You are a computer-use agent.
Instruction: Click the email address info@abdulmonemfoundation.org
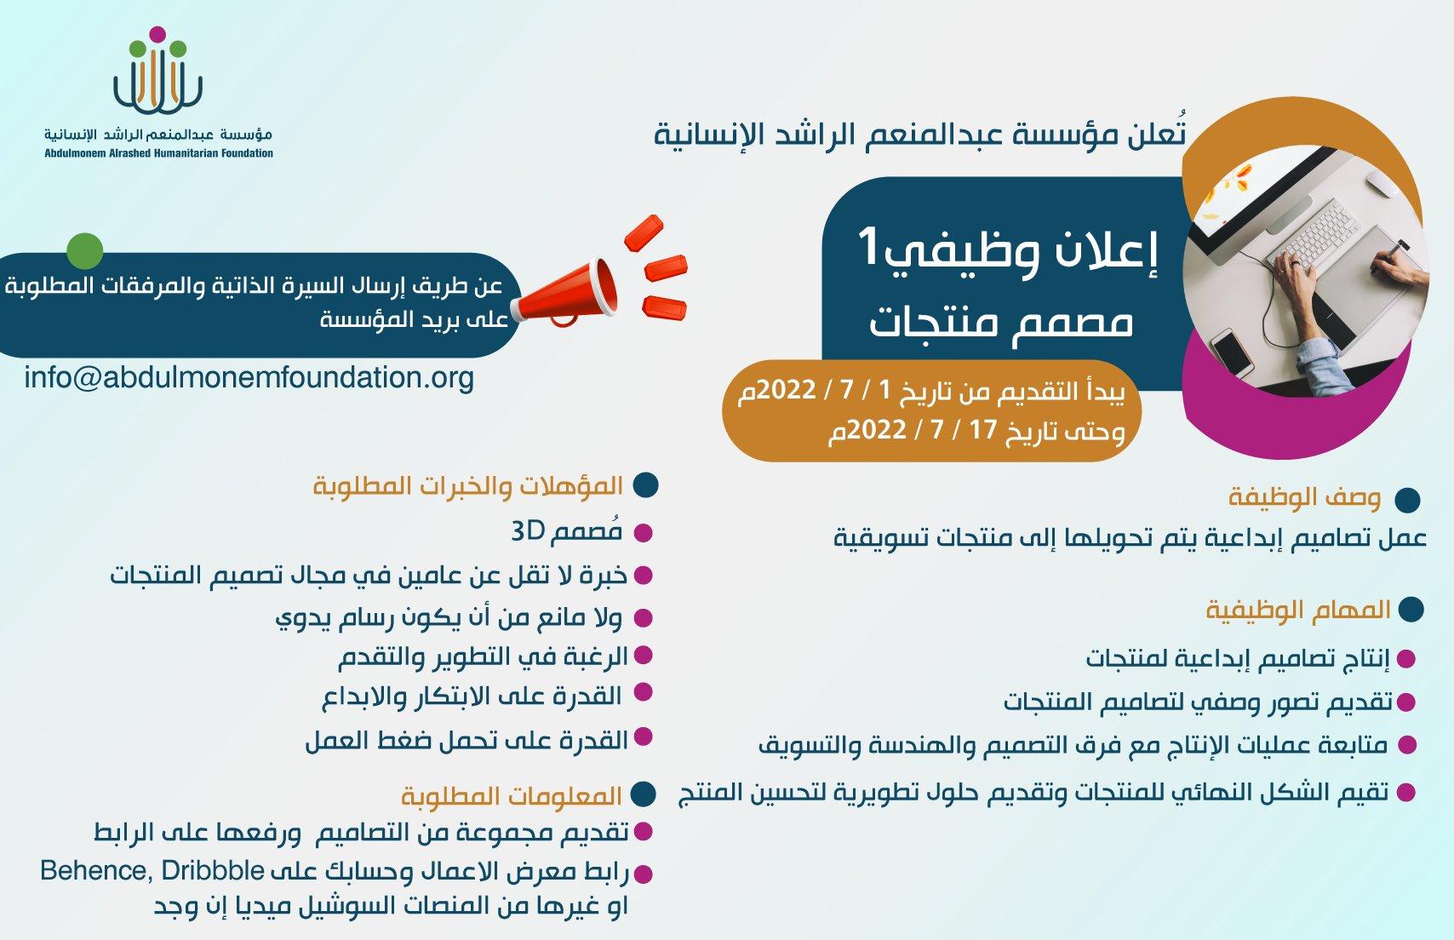coord(249,378)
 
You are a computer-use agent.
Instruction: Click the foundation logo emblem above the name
coord(157,70)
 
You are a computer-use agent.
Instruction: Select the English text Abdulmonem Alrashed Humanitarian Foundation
coord(158,153)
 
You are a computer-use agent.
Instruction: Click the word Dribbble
coord(213,870)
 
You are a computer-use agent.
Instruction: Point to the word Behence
coord(96,871)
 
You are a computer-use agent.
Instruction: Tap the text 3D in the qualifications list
coord(527,531)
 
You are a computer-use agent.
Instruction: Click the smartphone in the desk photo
coord(1232,352)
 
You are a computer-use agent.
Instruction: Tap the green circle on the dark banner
coord(85,250)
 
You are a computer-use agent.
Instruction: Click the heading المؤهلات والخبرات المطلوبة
coord(468,485)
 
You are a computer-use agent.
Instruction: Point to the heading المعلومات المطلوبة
coord(512,796)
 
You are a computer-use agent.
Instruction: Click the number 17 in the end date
coord(983,430)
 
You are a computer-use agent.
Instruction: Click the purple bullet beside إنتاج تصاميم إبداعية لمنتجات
coord(1406,659)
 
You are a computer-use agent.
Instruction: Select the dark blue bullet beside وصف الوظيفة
coord(1407,499)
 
